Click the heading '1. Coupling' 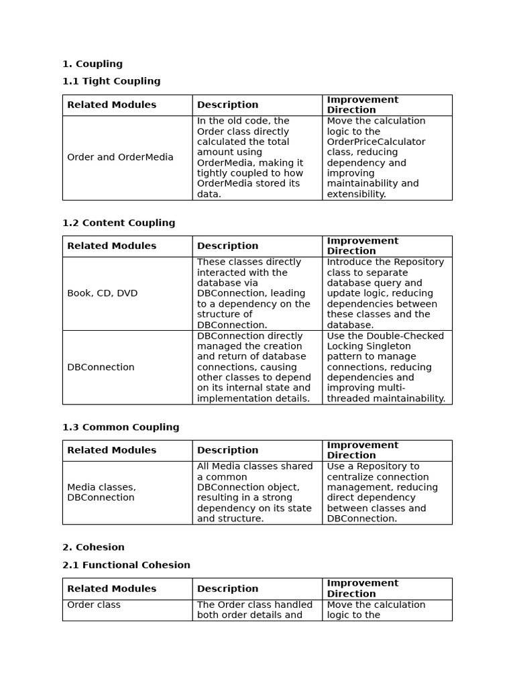(x=93, y=64)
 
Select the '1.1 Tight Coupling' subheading (x=111, y=81)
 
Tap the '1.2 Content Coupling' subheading (x=119, y=223)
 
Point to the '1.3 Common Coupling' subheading (x=121, y=427)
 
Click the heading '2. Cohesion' (x=93, y=547)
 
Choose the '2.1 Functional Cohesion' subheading (x=126, y=565)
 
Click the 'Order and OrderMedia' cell (x=120, y=158)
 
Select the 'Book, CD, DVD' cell (x=102, y=294)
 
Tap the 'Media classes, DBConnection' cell (x=101, y=492)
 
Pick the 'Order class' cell (x=94, y=605)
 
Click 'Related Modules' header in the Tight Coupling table (x=111, y=105)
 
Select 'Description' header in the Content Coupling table (x=227, y=246)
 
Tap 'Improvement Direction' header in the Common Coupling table (x=362, y=450)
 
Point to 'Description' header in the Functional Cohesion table (x=227, y=589)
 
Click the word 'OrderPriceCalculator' (x=376, y=142)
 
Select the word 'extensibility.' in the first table (x=356, y=195)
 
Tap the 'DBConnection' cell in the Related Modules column (x=101, y=368)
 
